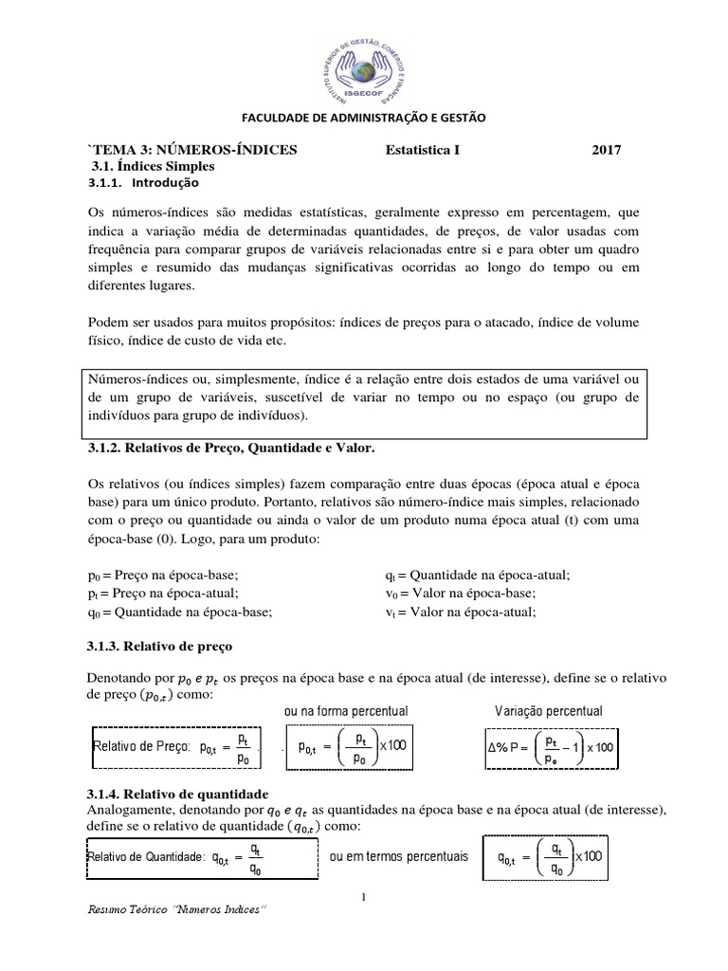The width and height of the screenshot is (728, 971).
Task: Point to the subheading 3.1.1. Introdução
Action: point(144,182)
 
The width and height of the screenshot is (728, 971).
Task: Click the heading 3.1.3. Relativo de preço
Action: point(159,645)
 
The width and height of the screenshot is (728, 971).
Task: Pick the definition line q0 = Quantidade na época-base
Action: point(179,612)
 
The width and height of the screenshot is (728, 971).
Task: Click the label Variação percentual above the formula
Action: point(549,711)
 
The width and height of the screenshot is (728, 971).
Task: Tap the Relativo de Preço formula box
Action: point(175,746)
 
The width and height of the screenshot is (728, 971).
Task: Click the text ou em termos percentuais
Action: point(398,856)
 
